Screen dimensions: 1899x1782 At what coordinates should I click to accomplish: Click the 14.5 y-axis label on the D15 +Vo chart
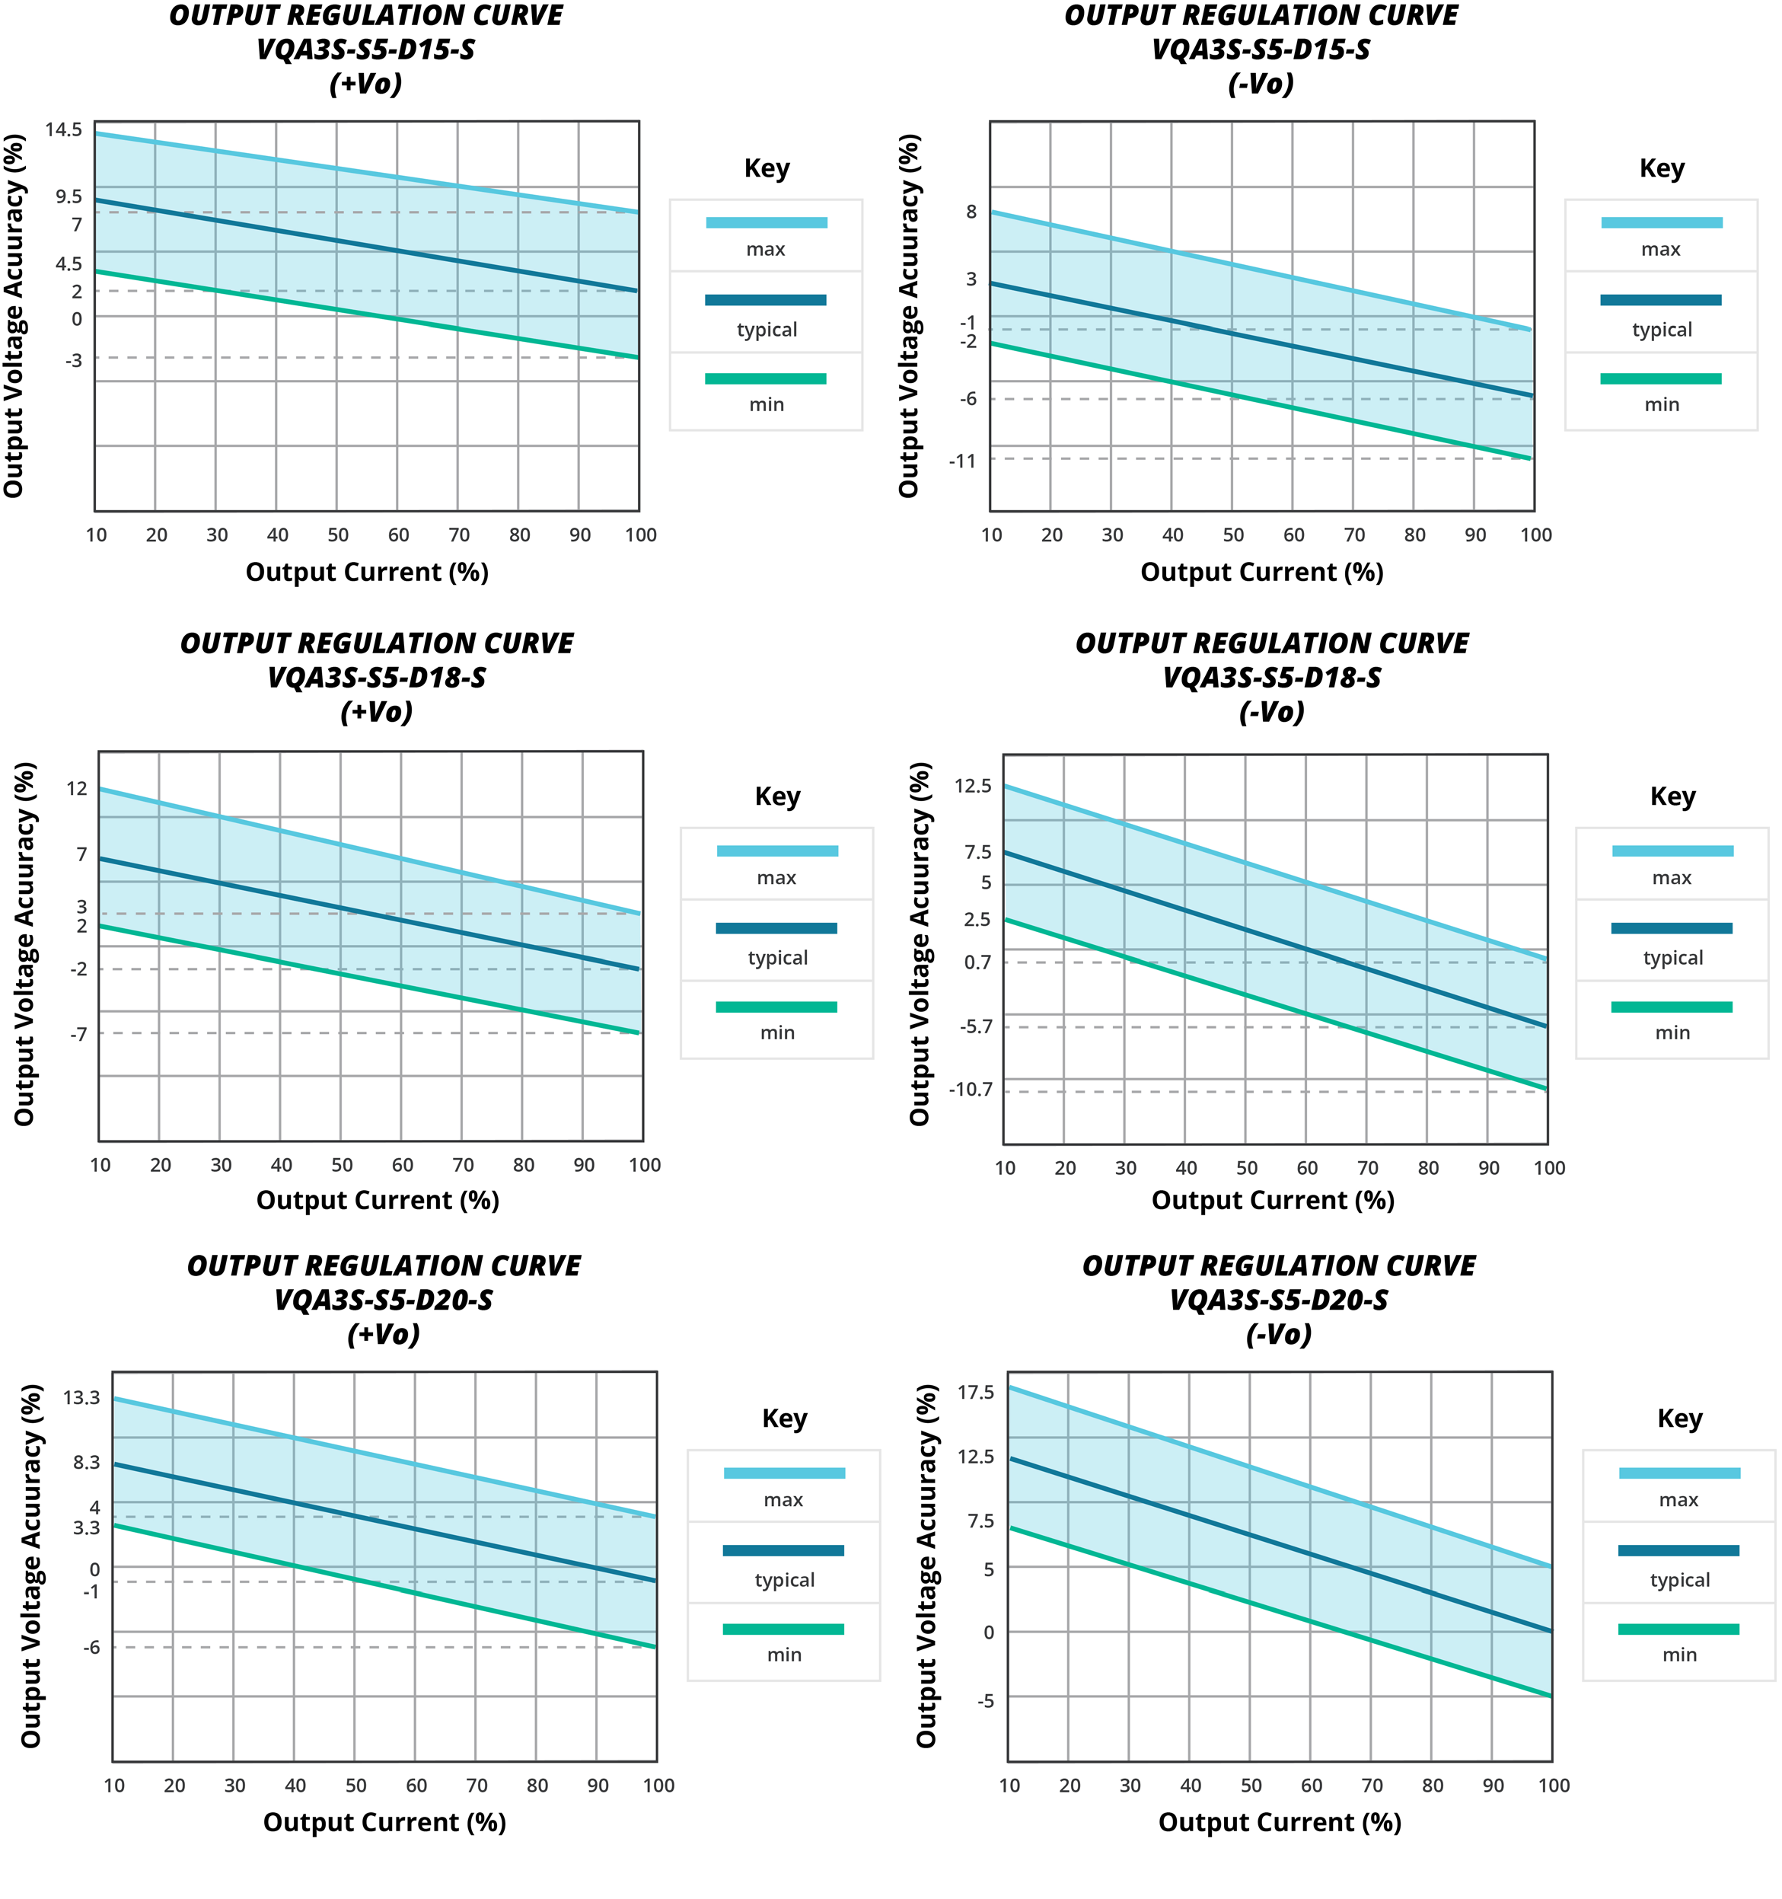tap(63, 130)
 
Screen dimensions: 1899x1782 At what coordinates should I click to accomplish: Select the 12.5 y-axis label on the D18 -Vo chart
tap(972, 786)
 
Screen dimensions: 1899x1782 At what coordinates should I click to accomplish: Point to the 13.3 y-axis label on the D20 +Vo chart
tap(81, 1399)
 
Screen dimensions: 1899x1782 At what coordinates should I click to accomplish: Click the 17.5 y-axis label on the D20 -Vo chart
tap(976, 1393)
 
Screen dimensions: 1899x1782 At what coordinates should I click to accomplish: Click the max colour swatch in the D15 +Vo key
tap(766, 222)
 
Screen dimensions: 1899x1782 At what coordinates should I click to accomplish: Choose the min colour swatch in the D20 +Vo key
tap(783, 1629)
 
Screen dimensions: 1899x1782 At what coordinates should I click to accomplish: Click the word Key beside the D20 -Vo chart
tap(1679, 1419)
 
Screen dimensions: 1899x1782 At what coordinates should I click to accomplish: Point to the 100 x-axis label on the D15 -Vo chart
tap(1535, 536)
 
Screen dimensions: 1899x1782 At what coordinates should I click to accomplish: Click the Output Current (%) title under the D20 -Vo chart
tap(1280, 1823)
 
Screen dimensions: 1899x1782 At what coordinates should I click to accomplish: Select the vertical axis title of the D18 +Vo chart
tap(25, 943)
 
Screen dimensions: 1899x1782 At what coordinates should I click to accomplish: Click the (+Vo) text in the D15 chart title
tap(365, 84)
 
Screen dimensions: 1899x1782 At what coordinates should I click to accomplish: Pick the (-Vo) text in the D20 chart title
tap(1279, 1335)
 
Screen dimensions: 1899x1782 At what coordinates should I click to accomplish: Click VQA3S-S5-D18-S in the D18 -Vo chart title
tap(1271, 678)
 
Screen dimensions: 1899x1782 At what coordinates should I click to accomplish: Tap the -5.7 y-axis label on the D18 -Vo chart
tap(976, 1027)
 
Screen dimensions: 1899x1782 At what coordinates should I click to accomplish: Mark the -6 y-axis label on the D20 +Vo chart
tap(91, 1647)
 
